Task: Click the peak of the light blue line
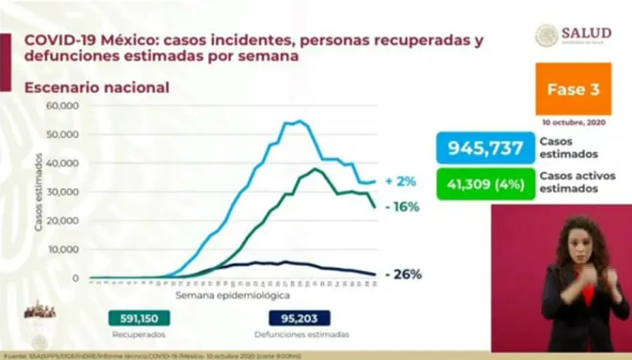pyautogui.click(x=300, y=121)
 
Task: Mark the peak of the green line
pyautogui.click(x=315, y=169)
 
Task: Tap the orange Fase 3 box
pyautogui.click(x=573, y=88)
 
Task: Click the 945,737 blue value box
pyautogui.click(x=485, y=148)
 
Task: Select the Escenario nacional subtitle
pyautogui.click(x=97, y=88)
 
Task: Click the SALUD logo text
pyautogui.click(x=586, y=33)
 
